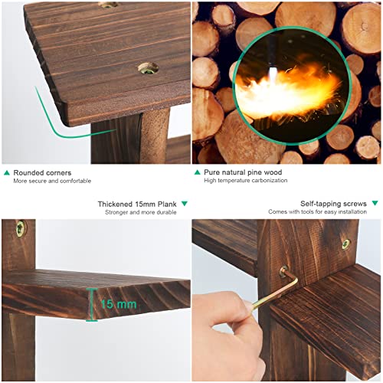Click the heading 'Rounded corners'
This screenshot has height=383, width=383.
(x=42, y=173)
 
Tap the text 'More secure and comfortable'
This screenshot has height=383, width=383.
(x=52, y=181)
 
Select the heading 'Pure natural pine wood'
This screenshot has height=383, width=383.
(x=243, y=172)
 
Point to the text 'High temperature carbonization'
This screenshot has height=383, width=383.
(x=246, y=180)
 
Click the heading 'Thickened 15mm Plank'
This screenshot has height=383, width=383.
(x=137, y=205)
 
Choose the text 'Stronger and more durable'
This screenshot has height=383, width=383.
(x=141, y=212)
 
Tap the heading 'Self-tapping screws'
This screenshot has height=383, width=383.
(x=333, y=204)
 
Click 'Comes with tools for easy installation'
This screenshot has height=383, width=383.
(x=317, y=211)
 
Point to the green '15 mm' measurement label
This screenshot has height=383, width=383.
(x=119, y=304)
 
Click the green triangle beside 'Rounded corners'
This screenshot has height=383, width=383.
(x=7, y=173)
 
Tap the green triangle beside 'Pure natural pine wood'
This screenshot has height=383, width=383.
(x=197, y=172)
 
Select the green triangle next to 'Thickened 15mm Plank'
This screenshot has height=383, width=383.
(x=185, y=204)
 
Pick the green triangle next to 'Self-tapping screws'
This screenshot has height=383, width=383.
(x=375, y=203)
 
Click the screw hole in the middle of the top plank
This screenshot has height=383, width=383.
(x=148, y=68)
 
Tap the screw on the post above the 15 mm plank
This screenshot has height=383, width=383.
(x=20, y=228)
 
